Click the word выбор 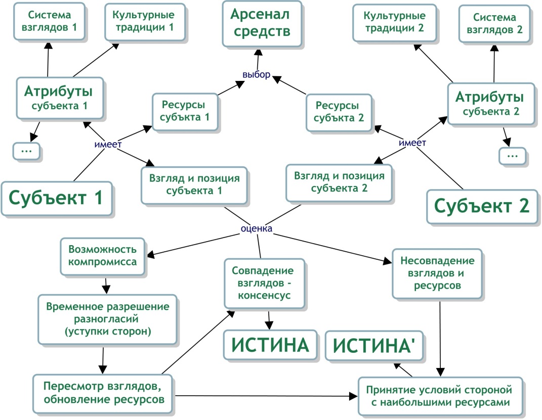pos(257,74)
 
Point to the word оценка pos(257,229)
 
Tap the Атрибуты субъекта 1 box pos(60,98)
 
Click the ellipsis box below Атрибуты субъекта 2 pos(512,155)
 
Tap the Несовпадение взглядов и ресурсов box pos(437,273)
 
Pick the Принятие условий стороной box pos(440,396)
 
